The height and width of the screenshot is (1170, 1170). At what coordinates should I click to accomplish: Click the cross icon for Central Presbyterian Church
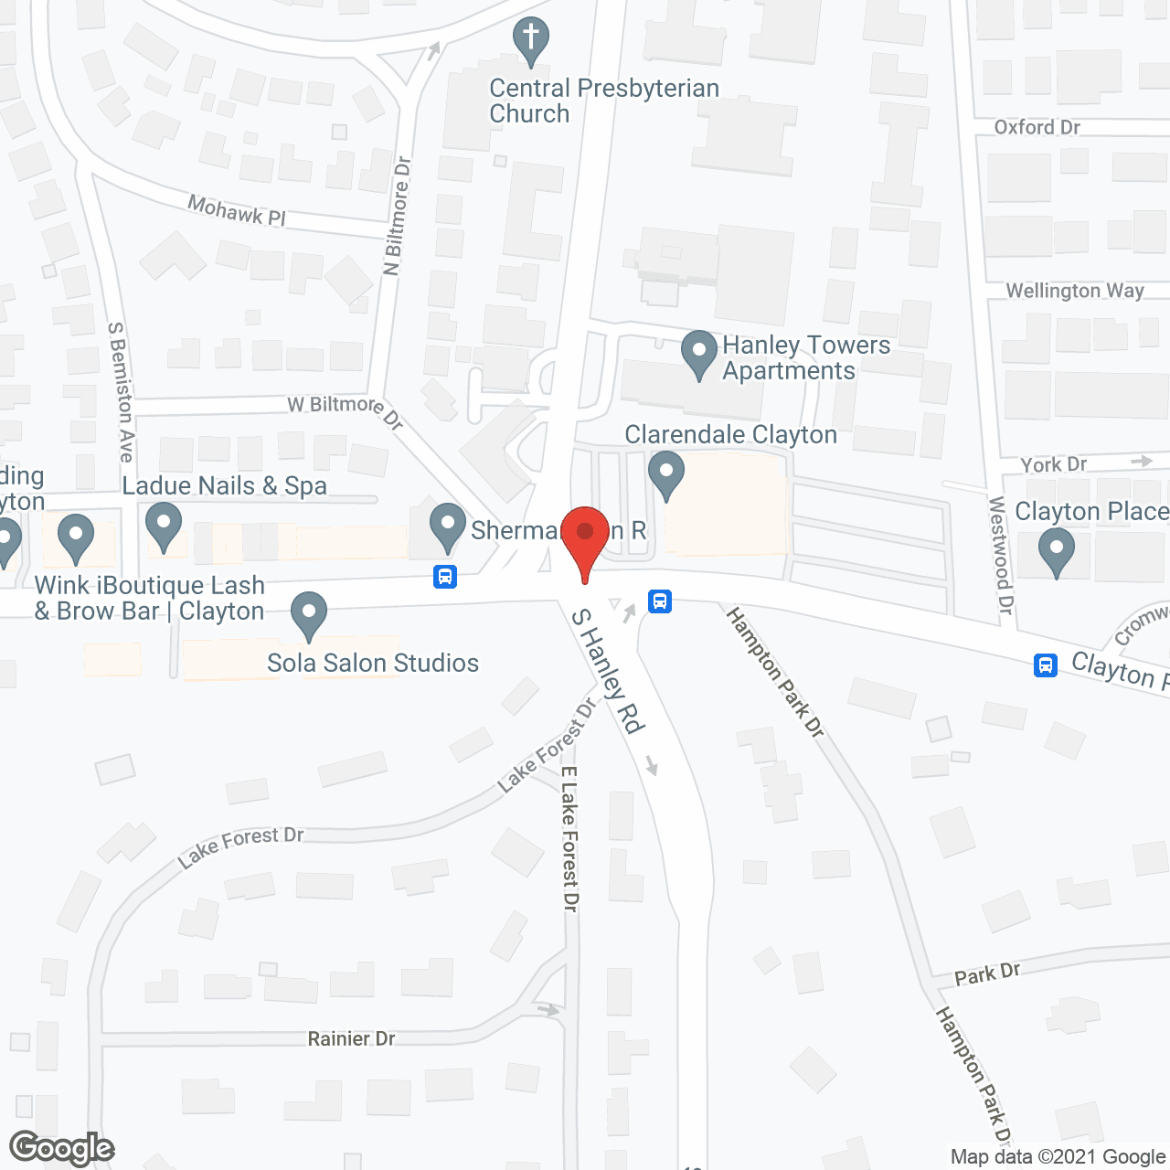coord(530,42)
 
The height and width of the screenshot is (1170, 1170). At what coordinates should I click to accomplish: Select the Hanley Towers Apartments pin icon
coord(699,354)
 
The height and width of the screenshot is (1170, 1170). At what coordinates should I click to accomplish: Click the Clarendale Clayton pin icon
coord(666,475)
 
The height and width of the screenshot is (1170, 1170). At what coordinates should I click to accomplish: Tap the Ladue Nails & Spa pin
coord(164,528)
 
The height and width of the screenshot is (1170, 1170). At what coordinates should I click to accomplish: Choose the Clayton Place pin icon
coord(1057,552)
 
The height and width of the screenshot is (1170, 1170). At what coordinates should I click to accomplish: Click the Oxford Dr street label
coord(1037,127)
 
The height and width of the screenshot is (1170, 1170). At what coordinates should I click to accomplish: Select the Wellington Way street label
coord(1075,291)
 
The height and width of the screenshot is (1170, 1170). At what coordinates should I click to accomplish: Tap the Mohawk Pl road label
coord(237,211)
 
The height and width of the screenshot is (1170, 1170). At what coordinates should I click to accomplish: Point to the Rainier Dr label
coord(351,1038)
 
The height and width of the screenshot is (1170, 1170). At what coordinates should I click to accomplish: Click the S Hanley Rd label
coord(608,671)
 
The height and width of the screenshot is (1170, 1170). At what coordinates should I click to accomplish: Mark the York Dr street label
coord(1054,464)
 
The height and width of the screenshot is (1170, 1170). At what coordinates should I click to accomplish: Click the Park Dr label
coord(987,974)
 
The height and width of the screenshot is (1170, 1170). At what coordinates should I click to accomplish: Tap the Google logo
coord(62,1148)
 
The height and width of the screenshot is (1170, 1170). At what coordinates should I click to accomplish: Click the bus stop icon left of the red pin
coord(445,577)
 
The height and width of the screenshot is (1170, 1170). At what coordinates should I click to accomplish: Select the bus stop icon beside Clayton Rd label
coord(1046,665)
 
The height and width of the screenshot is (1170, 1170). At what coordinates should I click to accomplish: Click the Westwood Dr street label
coord(1002,555)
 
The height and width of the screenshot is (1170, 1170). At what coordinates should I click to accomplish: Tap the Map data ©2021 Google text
coord(1058,1157)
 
